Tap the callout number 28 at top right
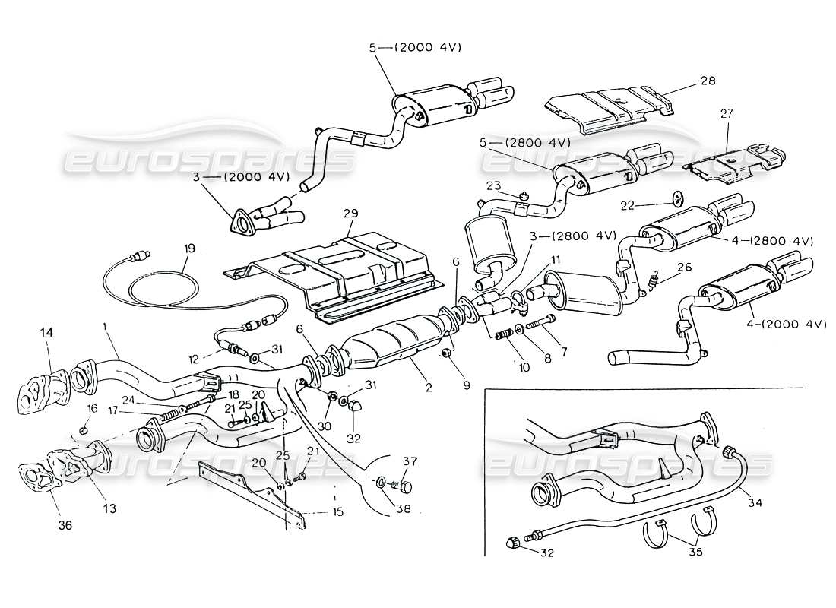(x=709, y=80)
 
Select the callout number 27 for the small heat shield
(x=726, y=113)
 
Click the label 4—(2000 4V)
(x=789, y=324)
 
